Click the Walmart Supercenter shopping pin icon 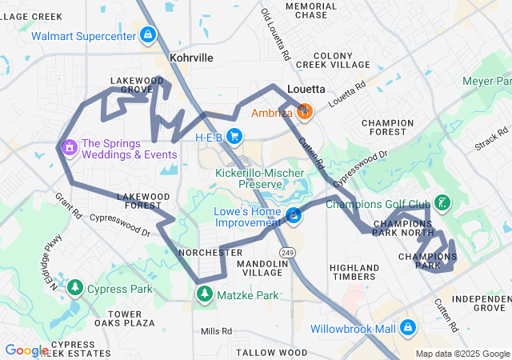148,34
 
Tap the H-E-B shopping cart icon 234,137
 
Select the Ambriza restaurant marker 304,111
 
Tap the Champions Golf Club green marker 442,203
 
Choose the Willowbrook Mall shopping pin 408,328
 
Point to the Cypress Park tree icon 75,287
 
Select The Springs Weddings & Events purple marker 69,147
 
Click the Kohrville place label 191,58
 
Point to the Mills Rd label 215,330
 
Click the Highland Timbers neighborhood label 354,272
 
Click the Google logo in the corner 26,350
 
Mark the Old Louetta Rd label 275,36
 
